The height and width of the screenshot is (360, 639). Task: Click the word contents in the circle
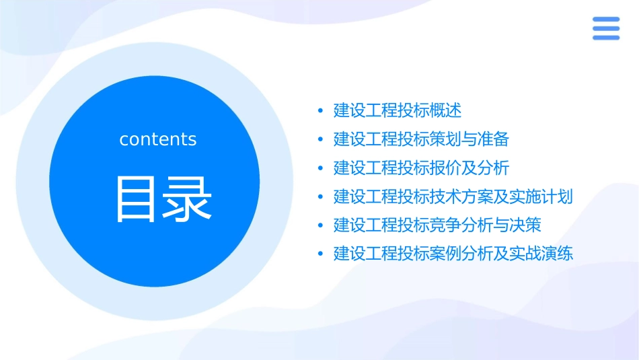click(x=158, y=139)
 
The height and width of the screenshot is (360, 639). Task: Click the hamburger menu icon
click(x=606, y=28)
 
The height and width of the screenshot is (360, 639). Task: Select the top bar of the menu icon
click(x=606, y=20)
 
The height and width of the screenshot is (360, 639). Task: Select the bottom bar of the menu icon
click(x=606, y=38)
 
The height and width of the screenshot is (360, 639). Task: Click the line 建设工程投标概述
click(x=398, y=110)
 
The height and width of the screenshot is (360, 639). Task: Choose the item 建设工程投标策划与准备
click(x=421, y=139)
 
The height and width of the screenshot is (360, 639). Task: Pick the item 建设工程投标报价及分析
click(x=421, y=168)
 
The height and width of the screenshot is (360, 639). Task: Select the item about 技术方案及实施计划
click(x=453, y=196)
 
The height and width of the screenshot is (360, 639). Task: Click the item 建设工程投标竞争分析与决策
click(x=437, y=225)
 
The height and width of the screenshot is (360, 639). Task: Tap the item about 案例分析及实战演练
click(x=453, y=254)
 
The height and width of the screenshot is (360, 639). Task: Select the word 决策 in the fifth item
click(x=526, y=225)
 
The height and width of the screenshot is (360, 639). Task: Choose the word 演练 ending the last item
click(x=558, y=254)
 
